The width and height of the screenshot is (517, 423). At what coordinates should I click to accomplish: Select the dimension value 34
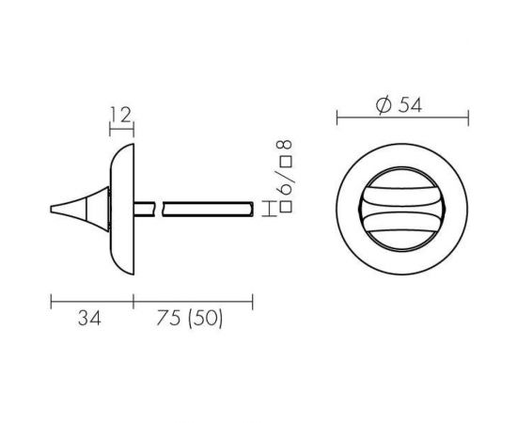88,319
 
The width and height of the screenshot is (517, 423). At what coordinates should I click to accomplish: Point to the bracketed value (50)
204,319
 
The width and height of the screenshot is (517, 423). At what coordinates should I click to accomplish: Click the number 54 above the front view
408,105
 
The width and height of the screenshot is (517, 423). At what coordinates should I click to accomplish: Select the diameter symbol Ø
384,105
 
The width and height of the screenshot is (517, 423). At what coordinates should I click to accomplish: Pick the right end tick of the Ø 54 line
467,117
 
